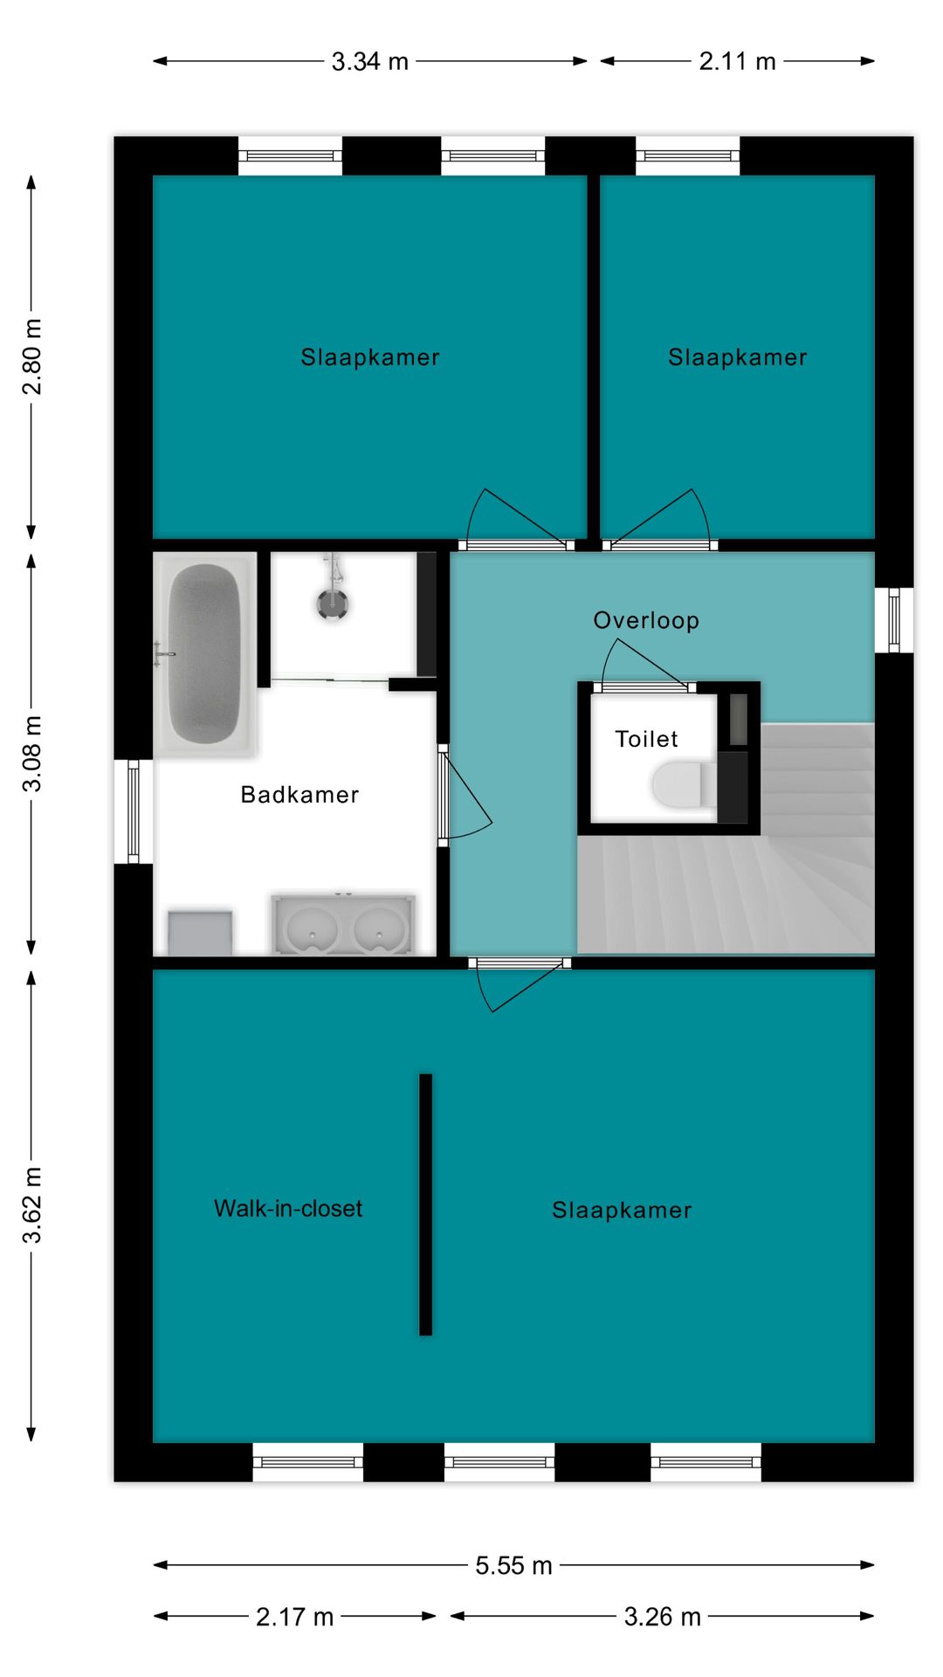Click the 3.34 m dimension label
point(369,62)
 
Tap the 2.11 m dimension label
point(737,62)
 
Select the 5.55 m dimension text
point(513,1565)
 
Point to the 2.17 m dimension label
point(294,1617)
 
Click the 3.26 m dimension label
point(662,1617)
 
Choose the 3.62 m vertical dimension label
point(31,1204)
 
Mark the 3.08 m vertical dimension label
point(31,754)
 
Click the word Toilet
point(646,739)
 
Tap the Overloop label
point(646,621)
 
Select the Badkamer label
point(299,795)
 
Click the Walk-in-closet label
point(288,1209)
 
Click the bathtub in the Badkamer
point(204,654)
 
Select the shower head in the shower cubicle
point(333,603)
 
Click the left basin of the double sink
point(312,928)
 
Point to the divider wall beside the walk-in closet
point(426,1204)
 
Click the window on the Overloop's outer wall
point(894,620)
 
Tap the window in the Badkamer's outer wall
point(134,811)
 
